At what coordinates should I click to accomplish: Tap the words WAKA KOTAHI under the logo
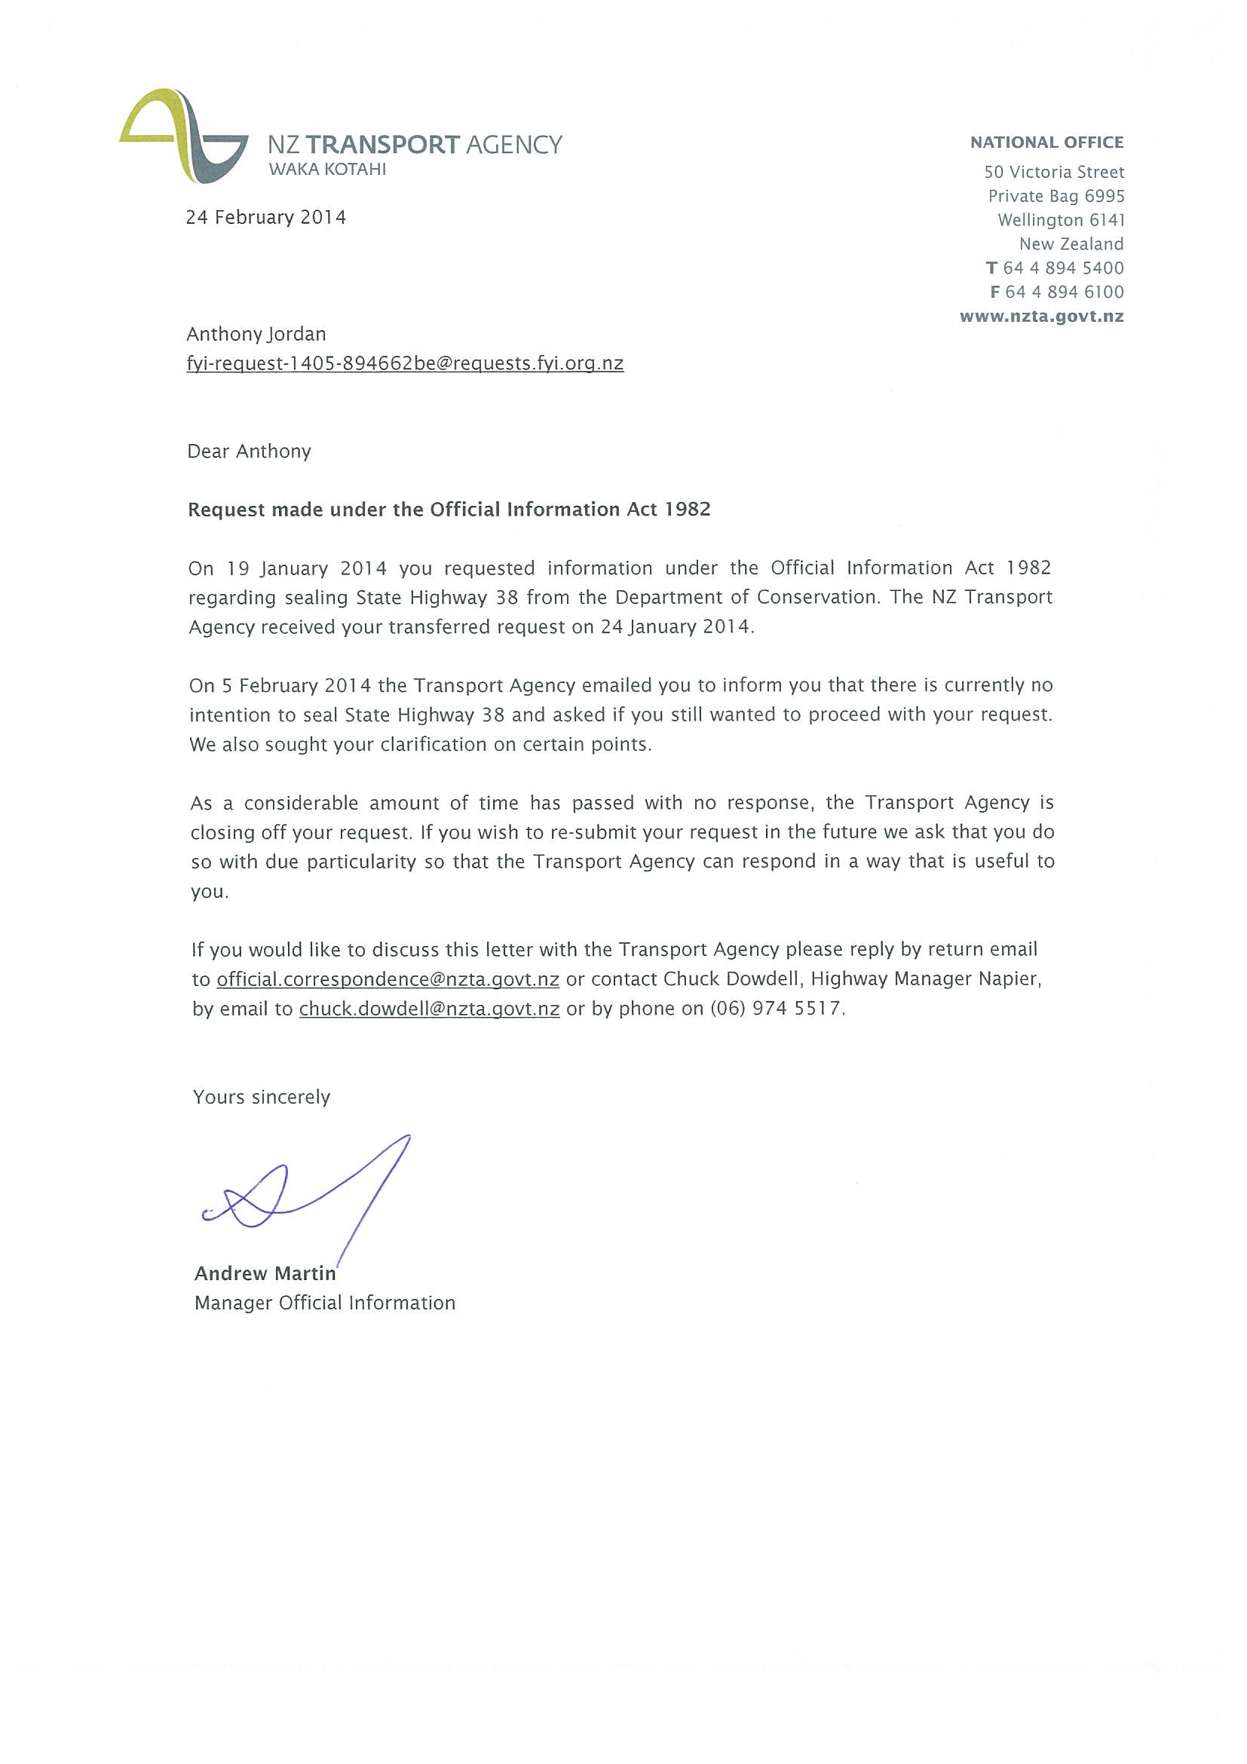click(327, 170)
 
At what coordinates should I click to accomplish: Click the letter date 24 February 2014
click(266, 217)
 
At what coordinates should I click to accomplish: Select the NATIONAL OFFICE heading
click(1046, 142)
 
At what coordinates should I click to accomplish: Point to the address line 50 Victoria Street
click(1053, 172)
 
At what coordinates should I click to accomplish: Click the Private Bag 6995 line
click(1056, 196)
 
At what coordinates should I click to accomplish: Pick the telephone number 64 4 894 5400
click(1062, 268)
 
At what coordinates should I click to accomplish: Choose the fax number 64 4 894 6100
click(1063, 292)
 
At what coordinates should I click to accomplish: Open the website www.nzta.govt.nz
click(1041, 317)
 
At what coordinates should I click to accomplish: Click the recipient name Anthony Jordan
click(256, 334)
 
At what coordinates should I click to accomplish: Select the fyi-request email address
click(405, 363)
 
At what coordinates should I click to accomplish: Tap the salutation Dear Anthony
click(249, 451)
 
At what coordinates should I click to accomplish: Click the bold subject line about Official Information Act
click(449, 510)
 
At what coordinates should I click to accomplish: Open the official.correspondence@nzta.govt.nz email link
click(388, 979)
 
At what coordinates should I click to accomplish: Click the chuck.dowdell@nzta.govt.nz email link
click(429, 1009)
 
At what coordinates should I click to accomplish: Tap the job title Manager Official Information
click(324, 1303)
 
